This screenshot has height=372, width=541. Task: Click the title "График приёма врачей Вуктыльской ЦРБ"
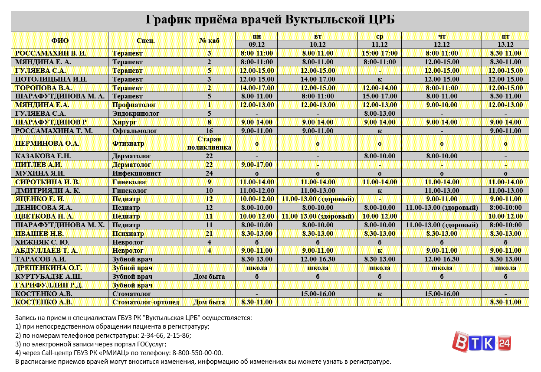[x=270, y=20]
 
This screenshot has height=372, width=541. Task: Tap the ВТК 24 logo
[x=482, y=341]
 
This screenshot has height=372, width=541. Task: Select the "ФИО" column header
[x=60, y=41]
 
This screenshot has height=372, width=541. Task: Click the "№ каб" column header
[x=209, y=41]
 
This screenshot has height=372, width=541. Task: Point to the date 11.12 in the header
[x=379, y=45]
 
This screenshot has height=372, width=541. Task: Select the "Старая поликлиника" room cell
[x=209, y=144]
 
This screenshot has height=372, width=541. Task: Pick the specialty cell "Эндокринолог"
[x=136, y=114]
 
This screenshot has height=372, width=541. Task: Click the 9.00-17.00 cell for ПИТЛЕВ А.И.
[x=256, y=165]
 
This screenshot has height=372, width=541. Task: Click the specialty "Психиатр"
[x=128, y=234]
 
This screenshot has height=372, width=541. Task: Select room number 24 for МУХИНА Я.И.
[x=209, y=173]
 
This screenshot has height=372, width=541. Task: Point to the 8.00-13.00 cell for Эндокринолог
[x=379, y=114]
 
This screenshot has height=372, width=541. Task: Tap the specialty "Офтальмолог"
[x=134, y=131]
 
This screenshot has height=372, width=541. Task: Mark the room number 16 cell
[x=209, y=131]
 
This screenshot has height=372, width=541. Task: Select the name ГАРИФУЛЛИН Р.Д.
[x=49, y=285]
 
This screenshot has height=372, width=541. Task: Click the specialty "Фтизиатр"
[x=128, y=144]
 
